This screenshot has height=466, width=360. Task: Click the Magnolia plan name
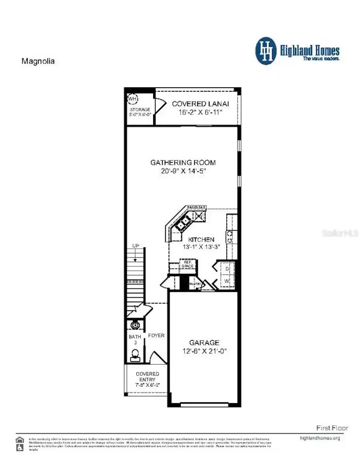coord(38,61)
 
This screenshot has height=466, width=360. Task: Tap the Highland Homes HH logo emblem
coord(266,51)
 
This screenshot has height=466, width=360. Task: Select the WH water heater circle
coord(132,98)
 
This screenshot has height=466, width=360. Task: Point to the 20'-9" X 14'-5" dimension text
coord(183,171)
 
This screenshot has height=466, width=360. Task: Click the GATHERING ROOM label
coord(183,163)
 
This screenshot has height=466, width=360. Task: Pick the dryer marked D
coord(227,269)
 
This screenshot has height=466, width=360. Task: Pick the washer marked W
coord(227,281)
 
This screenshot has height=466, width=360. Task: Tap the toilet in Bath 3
coord(135,354)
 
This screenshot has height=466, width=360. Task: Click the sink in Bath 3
coord(135,325)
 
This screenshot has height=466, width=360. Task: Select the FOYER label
coord(156,335)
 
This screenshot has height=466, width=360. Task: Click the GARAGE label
coord(204,343)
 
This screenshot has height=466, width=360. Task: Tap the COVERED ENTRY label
coord(147,376)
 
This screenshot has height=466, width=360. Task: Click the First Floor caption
coord(332,428)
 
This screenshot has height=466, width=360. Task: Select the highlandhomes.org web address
coord(320,438)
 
